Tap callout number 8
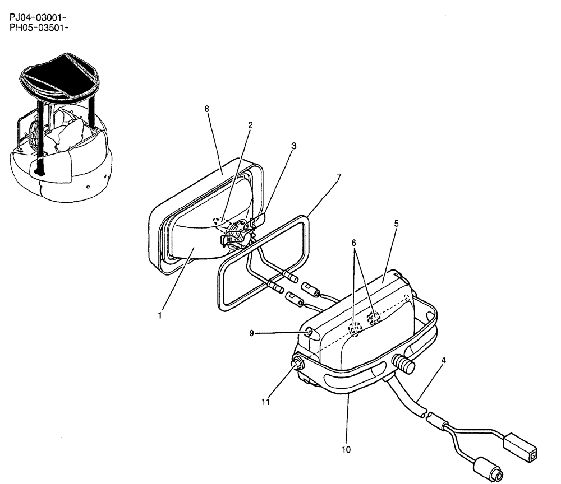point(207,109)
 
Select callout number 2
point(250,125)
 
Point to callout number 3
point(293,146)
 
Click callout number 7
point(338,178)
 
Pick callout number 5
point(396,223)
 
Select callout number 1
point(160,315)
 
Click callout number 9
point(252,333)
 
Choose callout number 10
point(346,449)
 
